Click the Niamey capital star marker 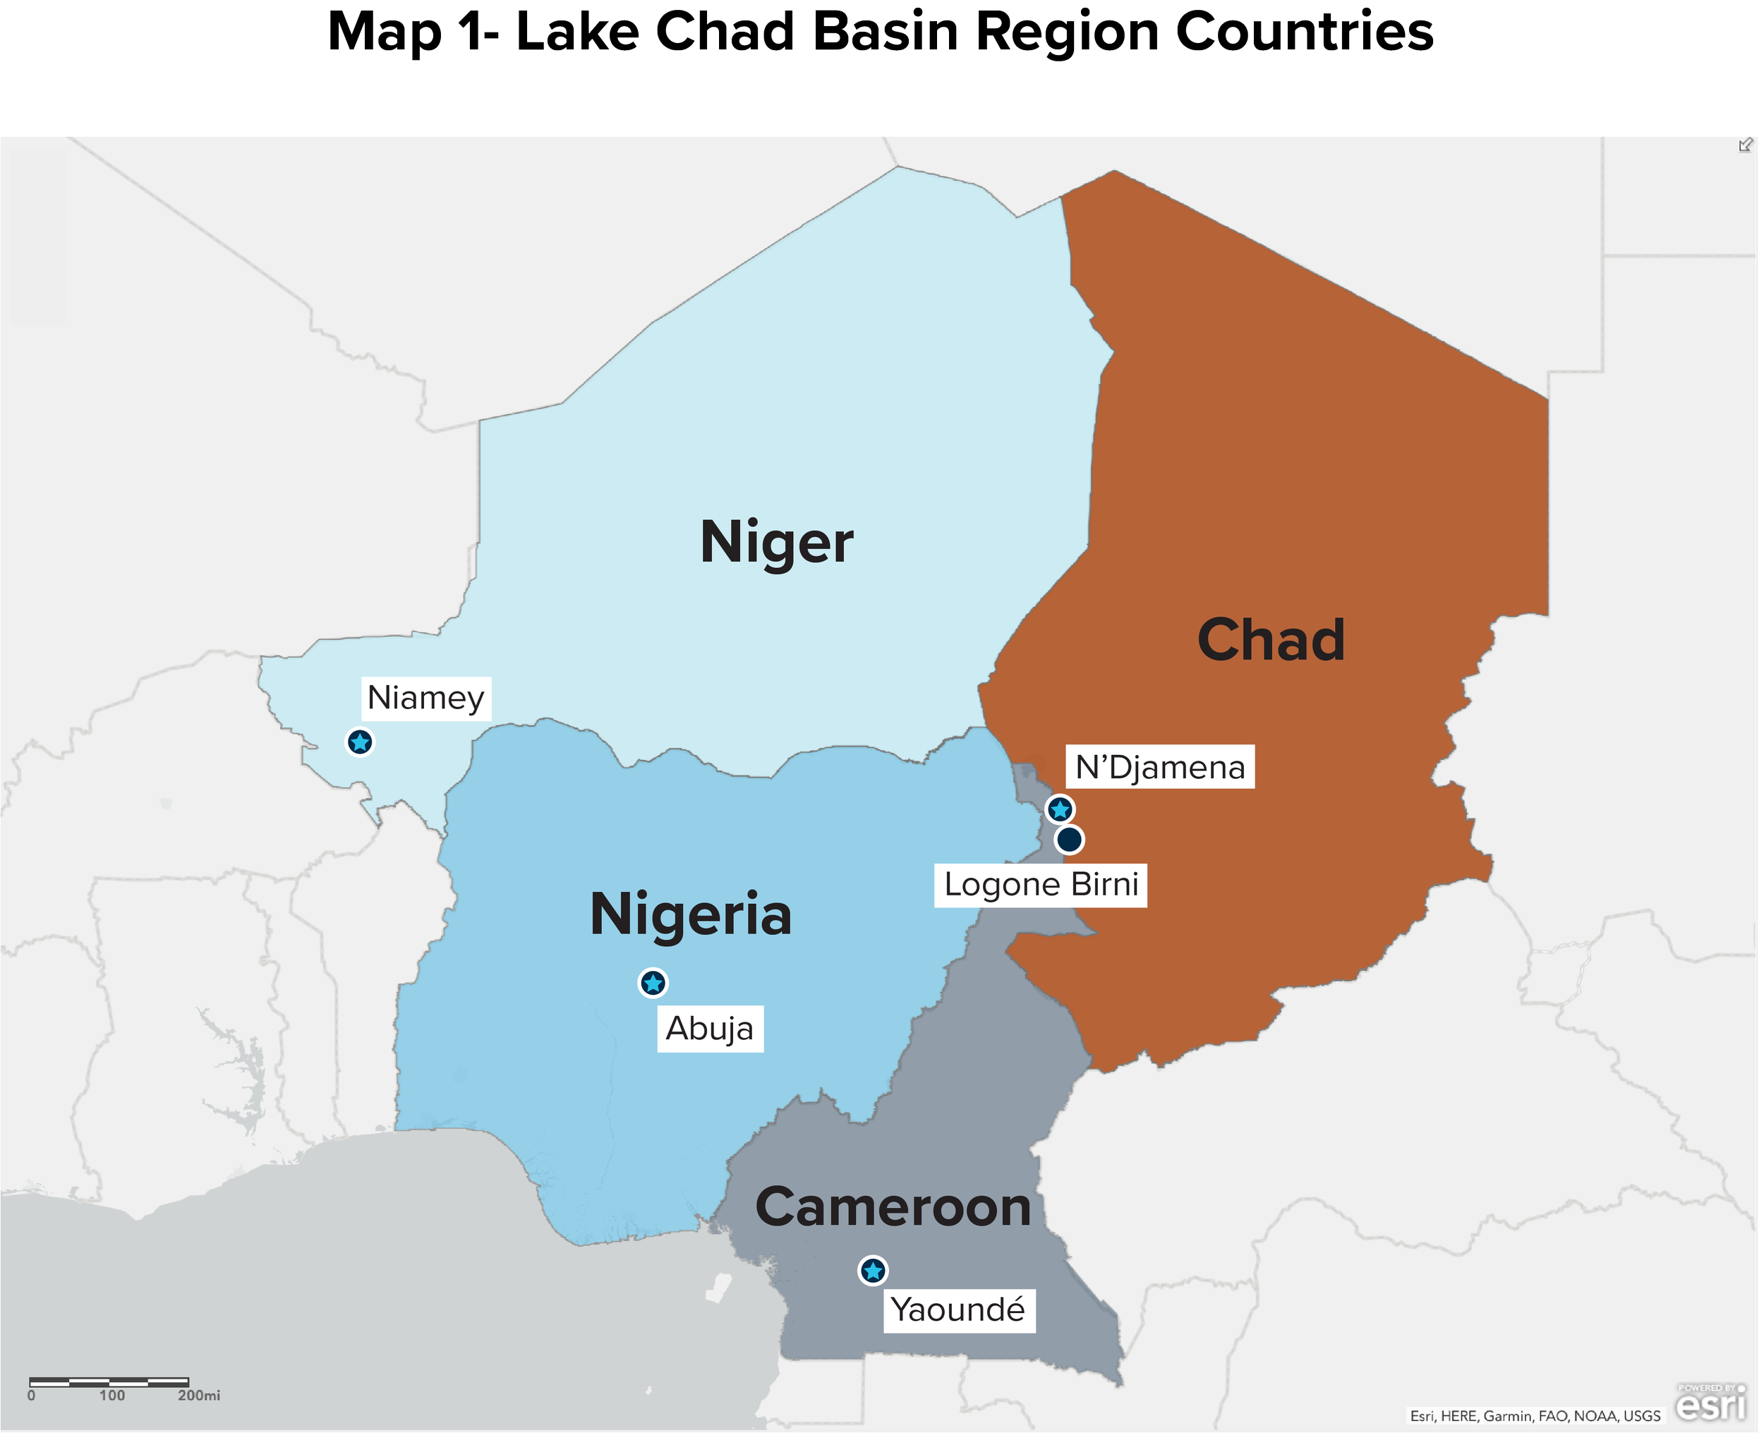coord(359,742)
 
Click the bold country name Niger coord(776,543)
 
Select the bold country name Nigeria coord(691,915)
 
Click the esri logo coord(1711,1405)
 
